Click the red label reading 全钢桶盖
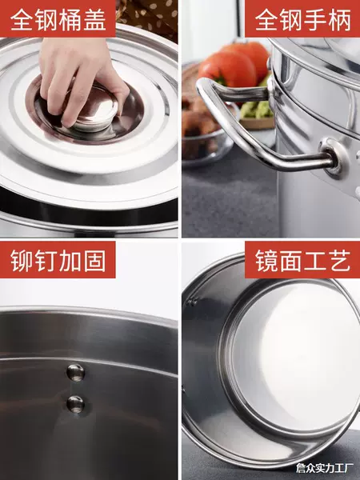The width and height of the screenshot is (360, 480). click(58, 18)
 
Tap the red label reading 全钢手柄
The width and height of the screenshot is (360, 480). click(302, 18)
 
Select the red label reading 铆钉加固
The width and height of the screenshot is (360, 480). click(58, 259)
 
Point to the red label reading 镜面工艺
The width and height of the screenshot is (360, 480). click(302, 259)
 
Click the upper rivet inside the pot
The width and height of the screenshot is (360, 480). click(75, 373)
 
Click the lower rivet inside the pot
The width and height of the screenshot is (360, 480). click(75, 404)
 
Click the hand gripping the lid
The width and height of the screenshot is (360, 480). click(82, 80)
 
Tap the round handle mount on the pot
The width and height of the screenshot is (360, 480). click(334, 157)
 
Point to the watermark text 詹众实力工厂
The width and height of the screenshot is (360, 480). click(325, 468)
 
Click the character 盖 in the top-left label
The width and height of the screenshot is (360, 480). click(95, 20)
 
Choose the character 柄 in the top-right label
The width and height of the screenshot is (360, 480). click(339, 20)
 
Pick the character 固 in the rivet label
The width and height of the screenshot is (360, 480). click(95, 261)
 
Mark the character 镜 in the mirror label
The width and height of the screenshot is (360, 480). click(266, 261)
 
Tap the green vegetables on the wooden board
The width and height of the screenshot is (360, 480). click(257, 109)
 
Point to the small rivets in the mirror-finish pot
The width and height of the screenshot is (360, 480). click(192, 302)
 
